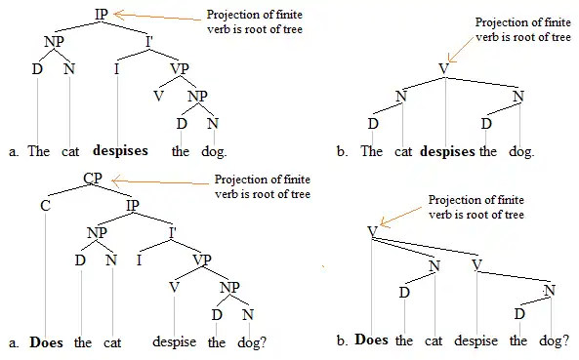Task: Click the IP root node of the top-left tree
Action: [102, 14]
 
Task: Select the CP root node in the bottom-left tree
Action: [95, 179]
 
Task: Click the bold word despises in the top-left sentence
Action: [120, 151]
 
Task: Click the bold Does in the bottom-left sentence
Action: [47, 342]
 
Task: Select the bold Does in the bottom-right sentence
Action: [372, 340]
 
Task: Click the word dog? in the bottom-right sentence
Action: [554, 340]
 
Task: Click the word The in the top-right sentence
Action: [371, 151]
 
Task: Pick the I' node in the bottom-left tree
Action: [173, 231]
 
